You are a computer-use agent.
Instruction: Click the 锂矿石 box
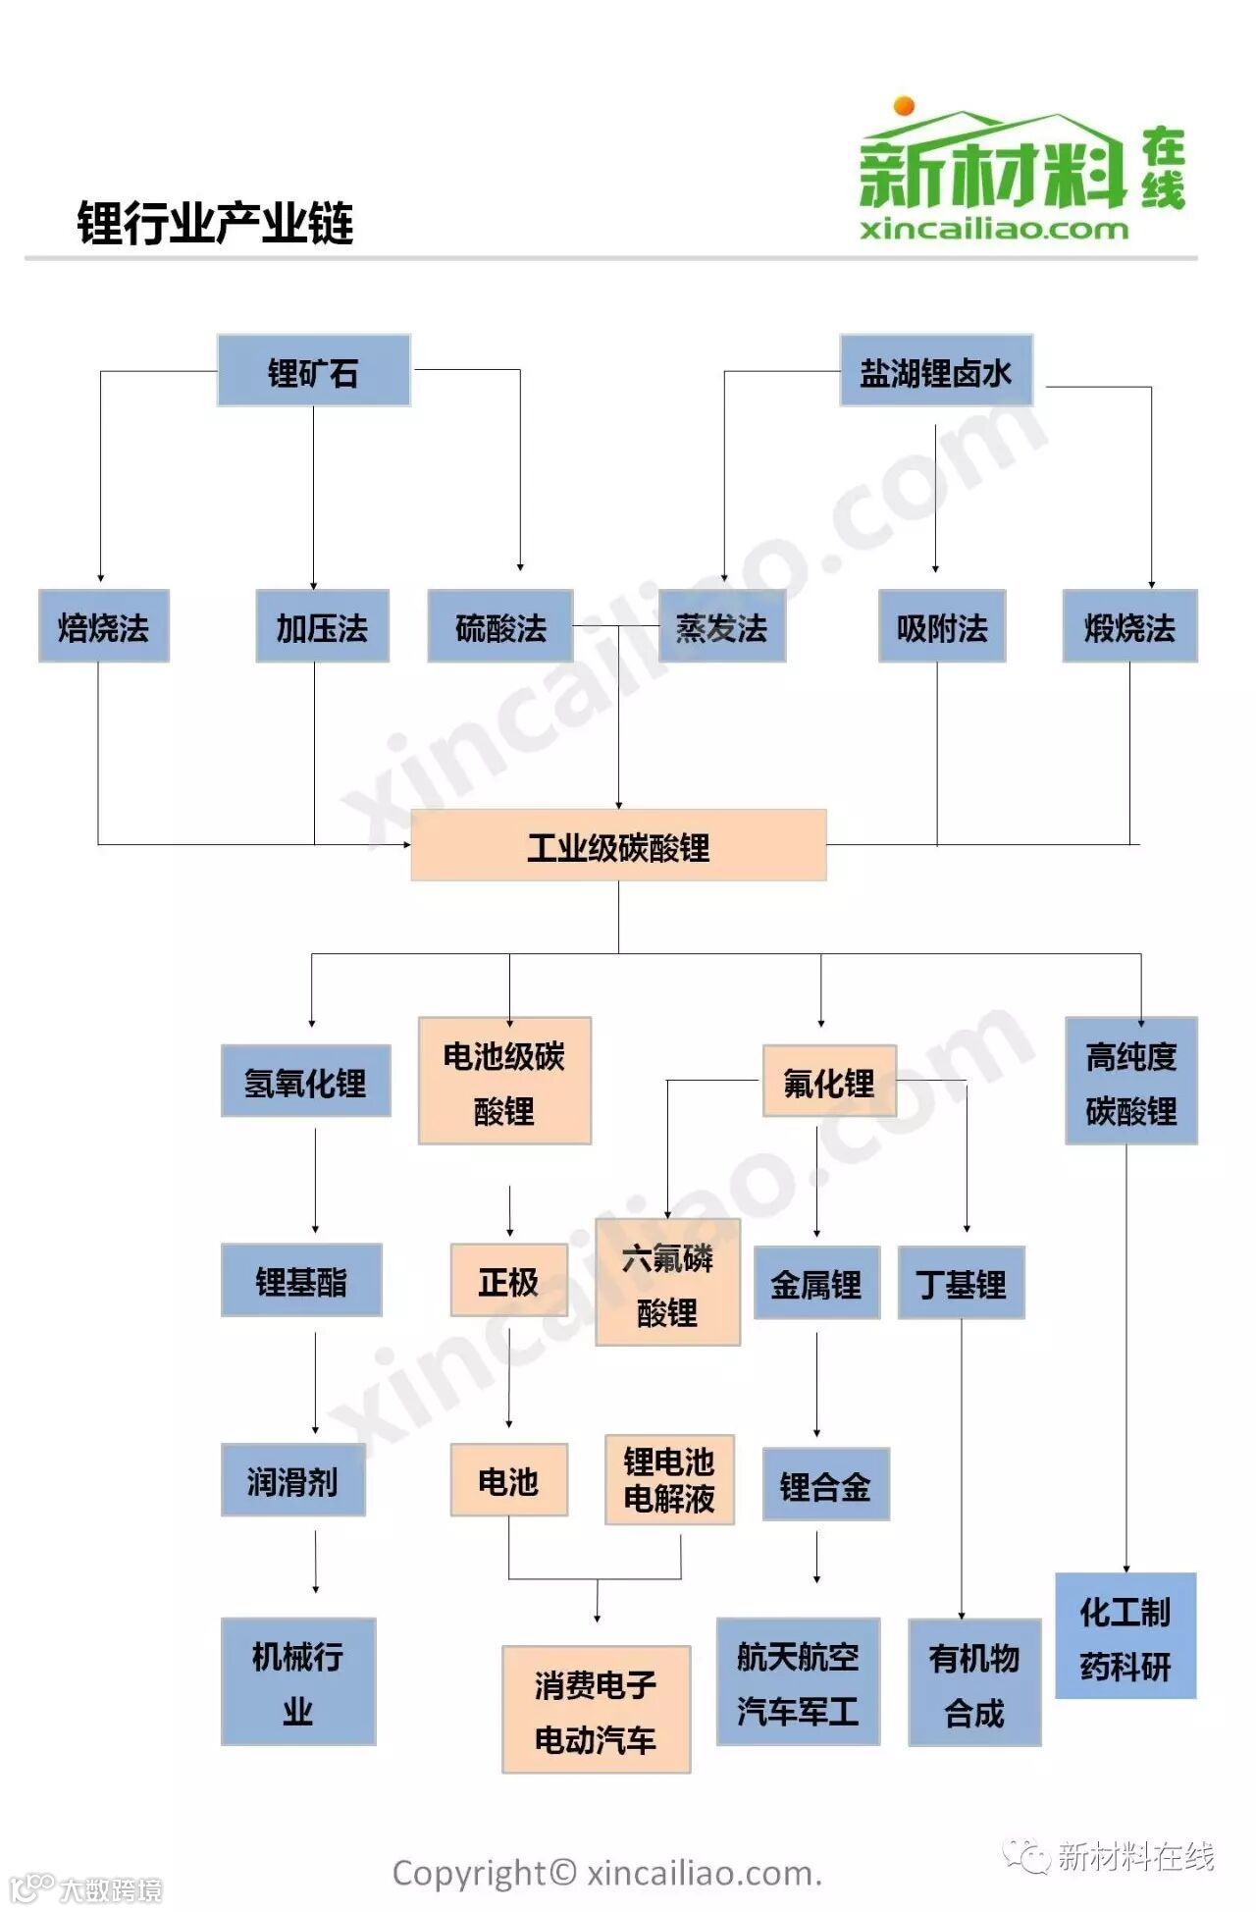[x=313, y=371]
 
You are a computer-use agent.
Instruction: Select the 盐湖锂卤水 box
[x=936, y=371]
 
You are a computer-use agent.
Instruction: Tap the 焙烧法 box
[x=104, y=626]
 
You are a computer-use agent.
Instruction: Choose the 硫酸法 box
[x=500, y=626]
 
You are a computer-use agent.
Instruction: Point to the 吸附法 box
[x=942, y=626]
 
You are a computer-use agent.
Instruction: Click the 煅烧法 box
[x=1129, y=626]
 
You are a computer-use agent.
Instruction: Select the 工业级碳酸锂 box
[x=618, y=845]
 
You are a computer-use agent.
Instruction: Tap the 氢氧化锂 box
[x=305, y=1082]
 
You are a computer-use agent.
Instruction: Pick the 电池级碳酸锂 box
[x=504, y=1082]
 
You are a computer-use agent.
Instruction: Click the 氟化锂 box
[x=829, y=1082]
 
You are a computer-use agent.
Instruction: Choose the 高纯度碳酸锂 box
[x=1131, y=1082]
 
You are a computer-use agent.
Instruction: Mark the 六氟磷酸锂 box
[x=667, y=1283]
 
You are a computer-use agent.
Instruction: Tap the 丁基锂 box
[x=961, y=1283]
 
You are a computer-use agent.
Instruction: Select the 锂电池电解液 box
[x=669, y=1480]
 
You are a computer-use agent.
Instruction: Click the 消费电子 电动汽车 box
[x=596, y=1711]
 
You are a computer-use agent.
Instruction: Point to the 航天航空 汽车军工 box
[x=798, y=1682]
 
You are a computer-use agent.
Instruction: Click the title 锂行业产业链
[x=215, y=223]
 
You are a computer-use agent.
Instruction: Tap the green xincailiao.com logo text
[x=994, y=230]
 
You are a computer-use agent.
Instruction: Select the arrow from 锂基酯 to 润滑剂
[x=315, y=1381]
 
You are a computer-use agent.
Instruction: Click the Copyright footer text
[x=606, y=1874]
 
